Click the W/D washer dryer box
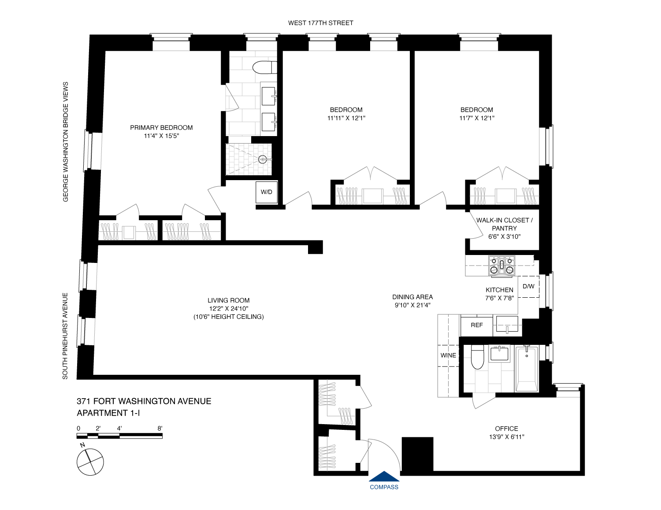267,192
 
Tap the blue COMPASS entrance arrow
384,477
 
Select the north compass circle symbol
90,462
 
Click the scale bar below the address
119,436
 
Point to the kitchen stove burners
501,266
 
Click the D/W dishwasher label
528,286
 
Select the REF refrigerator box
477,325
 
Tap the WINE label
448,355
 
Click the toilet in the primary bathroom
264,67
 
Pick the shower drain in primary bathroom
263,159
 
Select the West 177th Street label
320,23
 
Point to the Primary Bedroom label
161,128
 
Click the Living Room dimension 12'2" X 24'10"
229,309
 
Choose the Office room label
506,429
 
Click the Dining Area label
412,297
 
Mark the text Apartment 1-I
108,413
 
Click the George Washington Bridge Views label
66,141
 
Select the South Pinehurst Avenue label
65,336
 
